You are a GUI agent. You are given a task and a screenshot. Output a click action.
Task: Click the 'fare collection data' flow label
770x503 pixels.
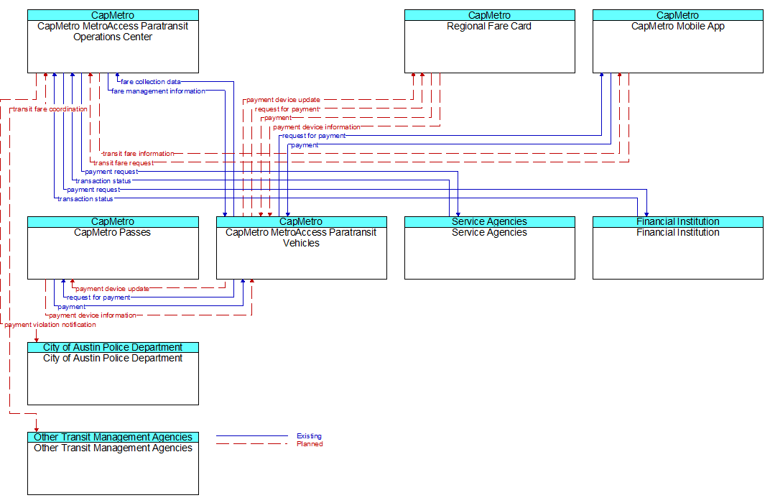tap(151, 81)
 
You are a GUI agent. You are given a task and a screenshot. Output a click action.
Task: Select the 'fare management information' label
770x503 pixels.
tap(158, 91)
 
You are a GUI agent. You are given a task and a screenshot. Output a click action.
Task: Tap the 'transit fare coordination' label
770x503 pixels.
tap(50, 109)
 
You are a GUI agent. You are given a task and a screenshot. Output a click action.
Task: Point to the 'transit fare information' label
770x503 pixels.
tap(138, 154)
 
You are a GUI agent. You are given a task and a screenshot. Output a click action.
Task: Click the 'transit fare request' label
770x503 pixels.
tap(124, 163)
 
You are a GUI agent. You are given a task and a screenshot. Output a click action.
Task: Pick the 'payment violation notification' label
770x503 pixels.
tap(50, 325)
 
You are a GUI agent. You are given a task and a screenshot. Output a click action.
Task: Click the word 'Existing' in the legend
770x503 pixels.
tap(309, 435)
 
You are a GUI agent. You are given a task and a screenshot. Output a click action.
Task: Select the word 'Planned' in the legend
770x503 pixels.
tap(310, 444)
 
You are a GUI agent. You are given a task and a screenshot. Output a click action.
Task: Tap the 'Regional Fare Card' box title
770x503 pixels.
tap(489, 27)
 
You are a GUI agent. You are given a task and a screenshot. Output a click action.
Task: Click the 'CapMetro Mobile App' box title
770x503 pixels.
tap(677, 27)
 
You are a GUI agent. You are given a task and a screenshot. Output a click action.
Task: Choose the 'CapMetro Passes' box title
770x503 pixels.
tap(113, 232)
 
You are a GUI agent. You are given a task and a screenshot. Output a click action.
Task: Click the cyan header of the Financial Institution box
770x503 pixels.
tap(677, 221)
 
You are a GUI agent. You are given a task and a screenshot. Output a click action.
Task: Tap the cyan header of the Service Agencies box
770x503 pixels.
tap(490, 221)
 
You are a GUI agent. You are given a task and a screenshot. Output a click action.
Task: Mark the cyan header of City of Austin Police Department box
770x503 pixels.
tap(113, 347)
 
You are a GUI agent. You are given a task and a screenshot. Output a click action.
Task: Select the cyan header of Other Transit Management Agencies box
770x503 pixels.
tap(113, 437)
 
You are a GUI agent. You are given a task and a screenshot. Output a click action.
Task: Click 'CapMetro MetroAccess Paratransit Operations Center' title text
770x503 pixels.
tap(113, 32)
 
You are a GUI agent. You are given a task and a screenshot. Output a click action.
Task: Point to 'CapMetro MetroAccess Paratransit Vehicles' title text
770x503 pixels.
tap(301, 238)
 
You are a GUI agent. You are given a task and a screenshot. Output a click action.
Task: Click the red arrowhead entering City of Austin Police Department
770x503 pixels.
tap(37, 339)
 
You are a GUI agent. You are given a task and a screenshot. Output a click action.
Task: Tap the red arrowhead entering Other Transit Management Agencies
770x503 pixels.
tap(37, 429)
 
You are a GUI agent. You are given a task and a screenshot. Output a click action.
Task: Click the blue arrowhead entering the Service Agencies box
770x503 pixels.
tap(458, 213)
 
